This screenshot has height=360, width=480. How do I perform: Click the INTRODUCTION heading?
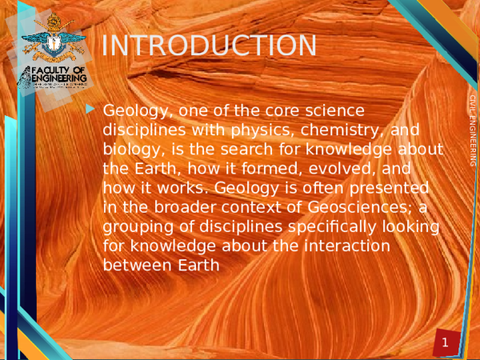pos(210,46)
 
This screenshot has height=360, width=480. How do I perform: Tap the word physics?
pos(282,130)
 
